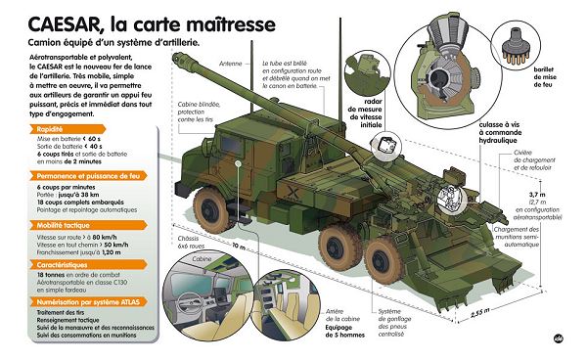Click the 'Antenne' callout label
(x=230, y=64)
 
